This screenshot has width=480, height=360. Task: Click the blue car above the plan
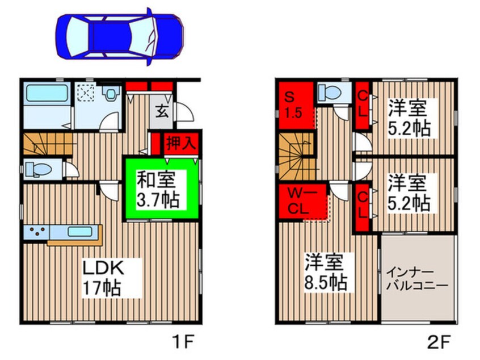coord(120,35)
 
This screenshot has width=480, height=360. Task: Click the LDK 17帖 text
coord(105,277)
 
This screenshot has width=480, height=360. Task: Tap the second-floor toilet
coord(331,92)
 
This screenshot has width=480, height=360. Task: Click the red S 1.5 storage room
coord(296,104)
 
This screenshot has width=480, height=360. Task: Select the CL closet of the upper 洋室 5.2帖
coord(361,106)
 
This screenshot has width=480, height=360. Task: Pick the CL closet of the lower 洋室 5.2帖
coord(361,206)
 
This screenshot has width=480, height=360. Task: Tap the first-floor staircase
coord(47,144)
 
